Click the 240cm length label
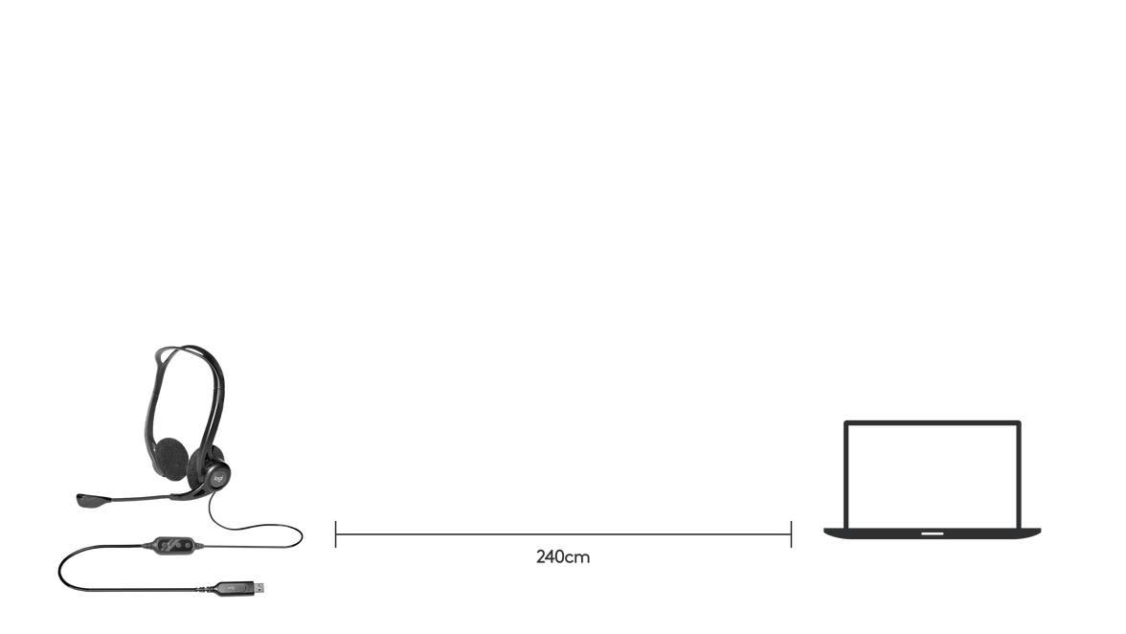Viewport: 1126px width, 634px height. (x=563, y=557)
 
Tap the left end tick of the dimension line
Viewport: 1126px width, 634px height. (x=335, y=534)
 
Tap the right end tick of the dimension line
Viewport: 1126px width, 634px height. (x=791, y=534)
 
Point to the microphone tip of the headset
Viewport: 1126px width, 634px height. (x=91, y=500)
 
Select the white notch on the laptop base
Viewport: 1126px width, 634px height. (x=933, y=533)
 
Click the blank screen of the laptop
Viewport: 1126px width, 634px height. (x=933, y=475)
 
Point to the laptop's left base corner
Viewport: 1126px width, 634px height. (x=825, y=532)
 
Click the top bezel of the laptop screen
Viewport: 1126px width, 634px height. (x=933, y=423)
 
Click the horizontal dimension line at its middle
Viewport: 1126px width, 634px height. (x=563, y=534)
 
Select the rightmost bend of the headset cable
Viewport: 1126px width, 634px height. (x=301, y=536)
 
